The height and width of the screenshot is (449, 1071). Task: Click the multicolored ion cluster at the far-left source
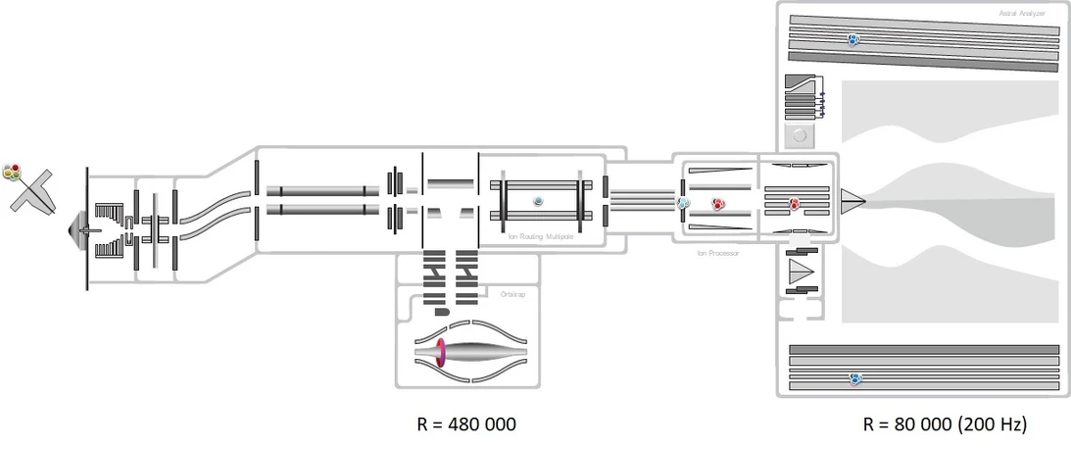pyautogui.click(x=12, y=173)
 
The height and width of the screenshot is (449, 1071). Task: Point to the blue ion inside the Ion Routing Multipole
pyautogui.click(x=538, y=201)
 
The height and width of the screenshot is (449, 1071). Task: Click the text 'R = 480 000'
pyautogui.click(x=466, y=424)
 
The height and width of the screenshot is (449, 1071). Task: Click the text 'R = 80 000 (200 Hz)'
pyautogui.click(x=944, y=424)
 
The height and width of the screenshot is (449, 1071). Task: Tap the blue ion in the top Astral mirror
pyautogui.click(x=853, y=40)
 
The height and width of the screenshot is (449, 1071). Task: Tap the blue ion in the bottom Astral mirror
pyautogui.click(x=855, y=378)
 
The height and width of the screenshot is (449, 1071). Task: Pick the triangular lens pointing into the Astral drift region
pyautogui.click(x=852, y=201)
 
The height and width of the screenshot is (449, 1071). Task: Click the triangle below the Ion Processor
pyautogui.click(x=802, y=271)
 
